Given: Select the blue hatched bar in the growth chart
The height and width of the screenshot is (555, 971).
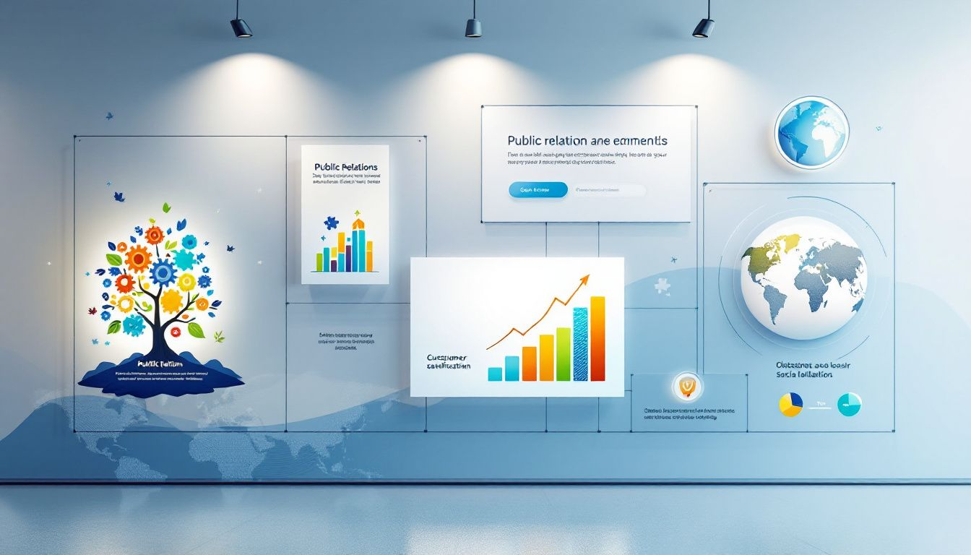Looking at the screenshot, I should click(x=580, y=344).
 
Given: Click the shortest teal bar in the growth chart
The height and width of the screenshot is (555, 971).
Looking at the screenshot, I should click(x=495, y=374).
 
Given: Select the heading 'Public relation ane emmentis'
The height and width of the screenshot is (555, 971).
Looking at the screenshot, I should click(x=587, y=140).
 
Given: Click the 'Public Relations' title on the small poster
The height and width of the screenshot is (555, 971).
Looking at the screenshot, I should click(x=345, y=167).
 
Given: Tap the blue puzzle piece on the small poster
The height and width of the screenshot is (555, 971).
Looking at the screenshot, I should click(x=331, y=223).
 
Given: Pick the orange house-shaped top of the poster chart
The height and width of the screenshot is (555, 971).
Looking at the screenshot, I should click(x=358, y=220).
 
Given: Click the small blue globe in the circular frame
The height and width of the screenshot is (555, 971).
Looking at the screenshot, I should click(x=811, y=132).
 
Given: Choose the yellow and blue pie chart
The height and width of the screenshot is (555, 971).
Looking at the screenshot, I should click(x=790, y=404).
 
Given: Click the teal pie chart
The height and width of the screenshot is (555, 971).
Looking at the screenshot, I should click(x=849, y=404).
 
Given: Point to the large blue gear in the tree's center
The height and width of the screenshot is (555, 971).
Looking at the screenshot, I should click(x=163, y=272).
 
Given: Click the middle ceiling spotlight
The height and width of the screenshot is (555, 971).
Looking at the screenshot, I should click(x=473, y=27).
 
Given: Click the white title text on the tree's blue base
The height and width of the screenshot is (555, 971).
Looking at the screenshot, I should click(x=162, y=364).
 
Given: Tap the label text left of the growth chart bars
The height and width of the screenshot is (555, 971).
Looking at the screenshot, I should click(x=448, y=361).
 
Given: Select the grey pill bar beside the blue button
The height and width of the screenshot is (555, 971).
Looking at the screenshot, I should click(x=610, y=191).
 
